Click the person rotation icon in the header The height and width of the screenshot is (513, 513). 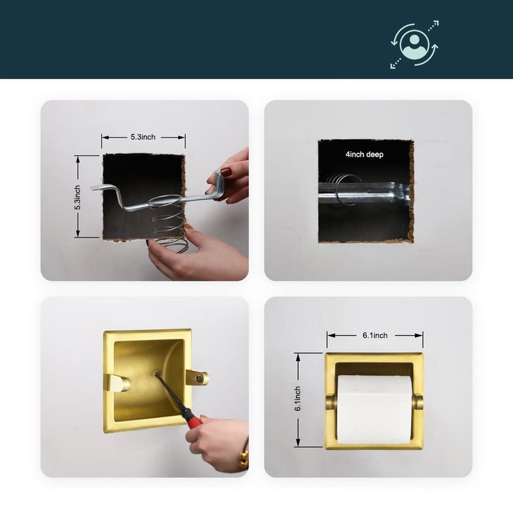tap(414, 44)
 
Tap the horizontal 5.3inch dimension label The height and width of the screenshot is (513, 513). tap(143, 137)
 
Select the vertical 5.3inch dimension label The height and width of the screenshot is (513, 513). tap(78, 198)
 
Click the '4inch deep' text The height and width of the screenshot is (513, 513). tap(364, 155)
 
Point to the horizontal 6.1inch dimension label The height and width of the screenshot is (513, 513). tap(375, 335)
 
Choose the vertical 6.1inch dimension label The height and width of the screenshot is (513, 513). tap(298, 398)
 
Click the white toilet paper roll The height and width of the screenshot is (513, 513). tap(374, 410)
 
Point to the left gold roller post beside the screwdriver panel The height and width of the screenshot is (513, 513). tap(117, 383)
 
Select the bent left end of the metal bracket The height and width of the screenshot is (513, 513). tap(104, 189)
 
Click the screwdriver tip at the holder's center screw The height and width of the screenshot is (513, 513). tap(156, 374)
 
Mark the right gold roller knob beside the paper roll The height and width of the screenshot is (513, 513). tap(418, 402)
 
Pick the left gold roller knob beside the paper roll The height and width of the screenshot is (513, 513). tap(331, 402)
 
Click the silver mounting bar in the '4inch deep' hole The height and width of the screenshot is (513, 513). tap(364, 193)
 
